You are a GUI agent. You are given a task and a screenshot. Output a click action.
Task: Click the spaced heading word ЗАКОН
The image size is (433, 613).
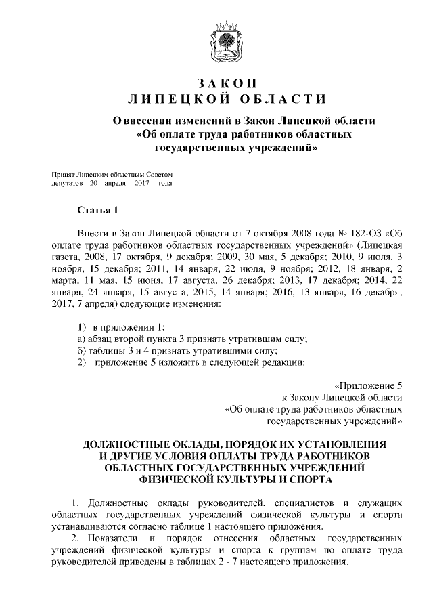point(227,83)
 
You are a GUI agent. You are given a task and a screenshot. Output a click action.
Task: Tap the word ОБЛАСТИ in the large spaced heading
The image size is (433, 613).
point(275,100)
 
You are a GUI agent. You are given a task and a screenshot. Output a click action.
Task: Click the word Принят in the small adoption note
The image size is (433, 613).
point(64,174)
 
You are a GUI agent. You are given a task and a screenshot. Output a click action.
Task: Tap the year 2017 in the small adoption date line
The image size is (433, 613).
point(141,183)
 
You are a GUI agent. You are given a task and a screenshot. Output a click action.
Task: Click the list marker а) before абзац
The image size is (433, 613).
point(81,339)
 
